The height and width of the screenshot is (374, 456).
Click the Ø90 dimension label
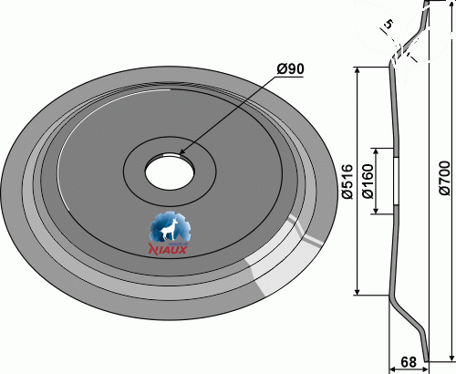[290, 69]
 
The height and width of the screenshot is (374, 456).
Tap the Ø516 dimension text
[347, 182]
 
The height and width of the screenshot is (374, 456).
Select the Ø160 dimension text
[368, 182]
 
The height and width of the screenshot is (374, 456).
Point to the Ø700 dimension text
[444, 178]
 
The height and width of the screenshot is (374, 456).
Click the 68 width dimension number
[409, 362]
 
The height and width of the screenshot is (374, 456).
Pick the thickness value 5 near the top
[389, 24]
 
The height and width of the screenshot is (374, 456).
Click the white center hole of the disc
[170, 171]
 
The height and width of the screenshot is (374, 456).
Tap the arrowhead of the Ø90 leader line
[181, 152]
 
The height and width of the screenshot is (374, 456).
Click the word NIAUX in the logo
[168, 250]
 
